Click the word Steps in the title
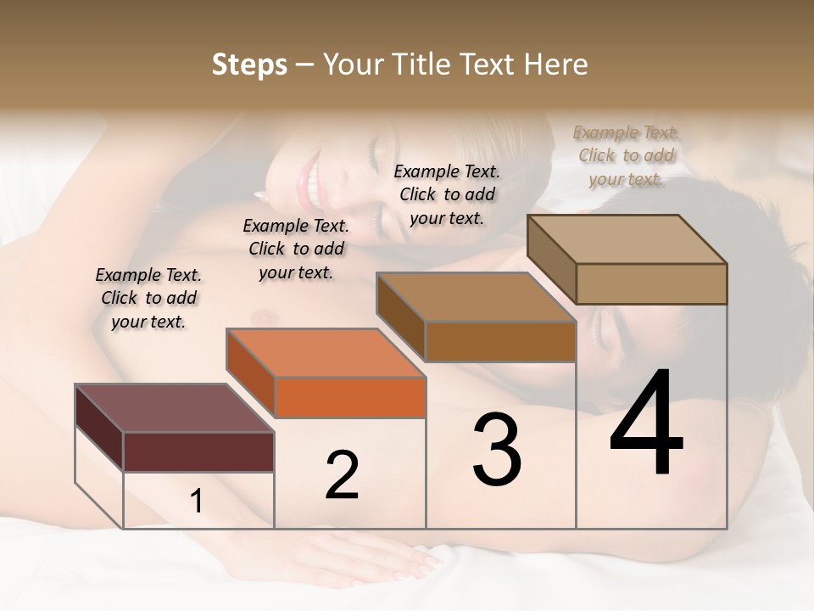pos(249,64)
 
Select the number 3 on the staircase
pos(497,450)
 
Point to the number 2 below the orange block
pos(342,475)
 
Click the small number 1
pos(197,502)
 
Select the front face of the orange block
pos(350,397)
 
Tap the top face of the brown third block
pos(475,297)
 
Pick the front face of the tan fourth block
pos(651,283)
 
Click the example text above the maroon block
pos(148,298)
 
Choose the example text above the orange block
pos(296,249)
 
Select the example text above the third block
pos(447,194)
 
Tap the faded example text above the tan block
pos(626,155)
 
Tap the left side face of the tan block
pos(551,255)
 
